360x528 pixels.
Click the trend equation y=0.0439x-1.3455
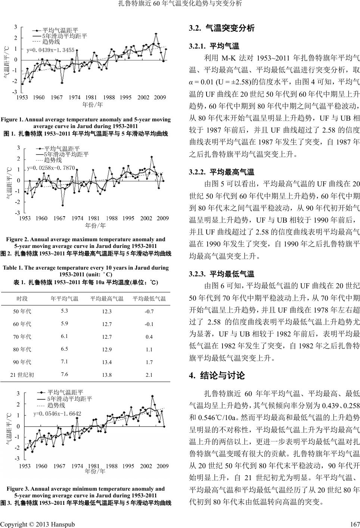tap(50, 49)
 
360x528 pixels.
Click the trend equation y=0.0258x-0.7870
tap(51, 168)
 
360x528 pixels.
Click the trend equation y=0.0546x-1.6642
tap(57, 413)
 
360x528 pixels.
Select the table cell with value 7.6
tap(64, 374)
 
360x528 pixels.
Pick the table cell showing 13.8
tap(107, 375)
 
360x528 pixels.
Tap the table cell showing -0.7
tap(149, 311)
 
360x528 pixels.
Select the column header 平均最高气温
tap(107, 298)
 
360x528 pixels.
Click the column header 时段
tap(22, 298)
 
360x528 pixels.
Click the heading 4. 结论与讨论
tap(217, 375)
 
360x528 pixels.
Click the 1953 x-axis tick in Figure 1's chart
tap(22, 97)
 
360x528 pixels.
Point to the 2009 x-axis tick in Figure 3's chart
tap(162, 466)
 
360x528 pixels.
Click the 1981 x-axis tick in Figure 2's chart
tap(94, 218)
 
